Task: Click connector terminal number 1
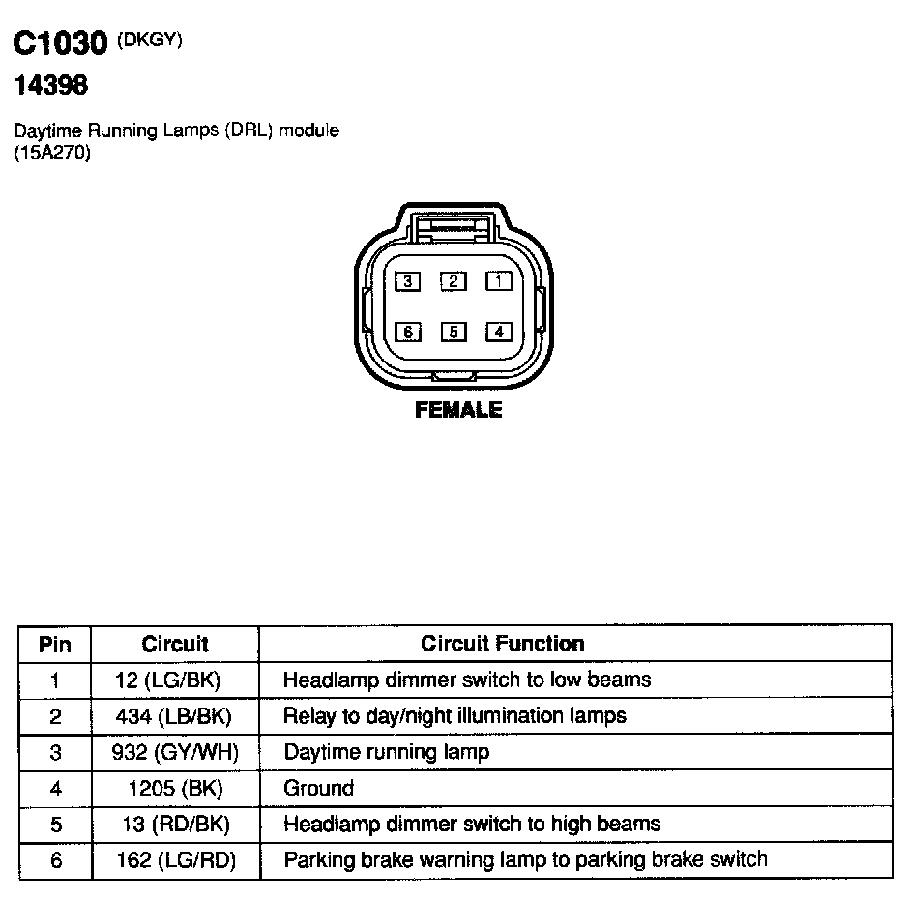[x=499, y=281]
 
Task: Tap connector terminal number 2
[x=454, y=281]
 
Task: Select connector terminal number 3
[x=409, y=281]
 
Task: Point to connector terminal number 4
[x=499, y=333]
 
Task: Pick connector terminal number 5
[x=454, y=333]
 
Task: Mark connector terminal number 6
[x=409, y=333]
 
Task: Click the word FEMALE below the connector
[x=458, y=410]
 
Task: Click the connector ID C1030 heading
[x=59, y=44]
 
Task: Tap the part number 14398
[x=49, y=86]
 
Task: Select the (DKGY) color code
[x=150, y=39]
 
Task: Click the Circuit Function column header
[x=502, y=644]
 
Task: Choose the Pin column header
[x=55, y=645]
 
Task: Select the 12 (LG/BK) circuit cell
[x=175, y=680]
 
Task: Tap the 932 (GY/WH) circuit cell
[x=175, y=752]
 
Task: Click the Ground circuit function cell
[x=318, y=788]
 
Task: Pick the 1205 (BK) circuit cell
[x=175, y=788]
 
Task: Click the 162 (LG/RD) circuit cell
[x=175, y=860]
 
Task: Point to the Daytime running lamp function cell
[x=386, y=752]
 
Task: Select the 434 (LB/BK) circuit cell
[x=175, y=716]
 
